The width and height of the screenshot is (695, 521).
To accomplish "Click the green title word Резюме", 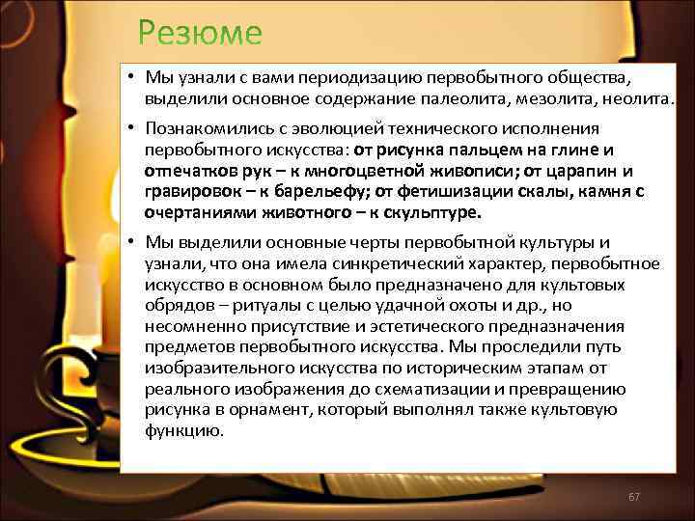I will [x=199, y=33].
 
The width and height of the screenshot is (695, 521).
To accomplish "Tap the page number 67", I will [x=634, y=497].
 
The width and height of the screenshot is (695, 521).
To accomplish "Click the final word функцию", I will [x=184, y=431].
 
